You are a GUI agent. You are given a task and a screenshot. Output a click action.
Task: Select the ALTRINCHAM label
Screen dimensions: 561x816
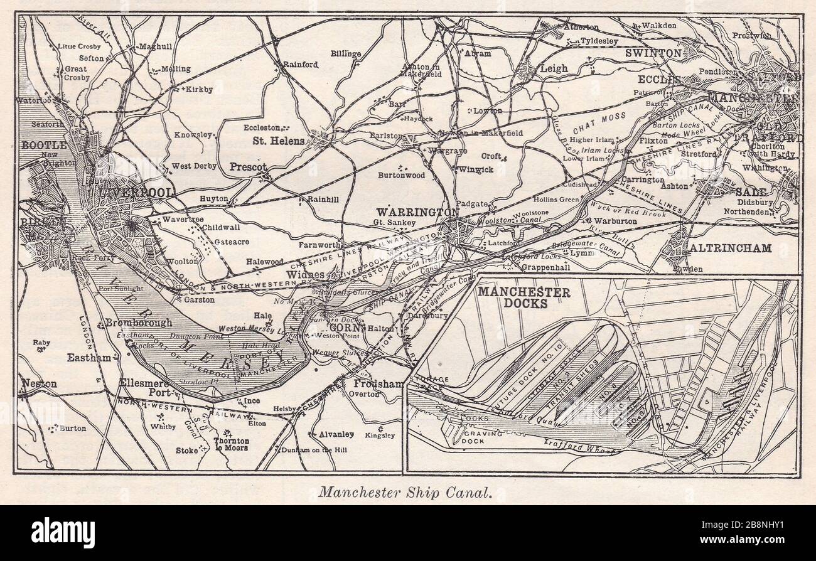point(731,248)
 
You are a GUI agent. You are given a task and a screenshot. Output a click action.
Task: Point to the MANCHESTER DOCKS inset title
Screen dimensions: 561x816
point(524,297)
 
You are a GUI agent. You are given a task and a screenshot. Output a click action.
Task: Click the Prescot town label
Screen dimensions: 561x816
point(248,167)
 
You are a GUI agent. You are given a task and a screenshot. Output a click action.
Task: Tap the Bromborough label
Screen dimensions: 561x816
point(138,323)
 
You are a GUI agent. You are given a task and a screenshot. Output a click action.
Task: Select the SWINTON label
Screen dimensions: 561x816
point(653,53)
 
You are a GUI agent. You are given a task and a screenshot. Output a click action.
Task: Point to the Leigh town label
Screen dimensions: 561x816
point(554,68)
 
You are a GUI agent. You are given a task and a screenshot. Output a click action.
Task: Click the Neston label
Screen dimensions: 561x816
point(39,383)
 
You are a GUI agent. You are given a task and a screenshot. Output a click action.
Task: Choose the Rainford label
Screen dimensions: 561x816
point(300,64)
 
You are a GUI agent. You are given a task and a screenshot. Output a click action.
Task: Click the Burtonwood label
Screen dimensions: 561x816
point(401,176)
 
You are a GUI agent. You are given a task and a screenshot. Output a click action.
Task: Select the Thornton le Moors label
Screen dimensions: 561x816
point(231,444)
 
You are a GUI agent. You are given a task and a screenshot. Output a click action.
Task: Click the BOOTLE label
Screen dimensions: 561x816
point(45,145)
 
